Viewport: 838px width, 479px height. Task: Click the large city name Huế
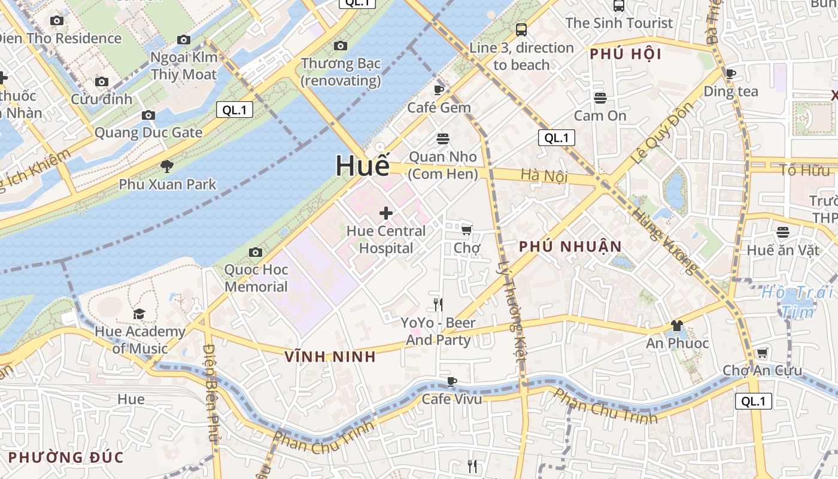pos(362,166)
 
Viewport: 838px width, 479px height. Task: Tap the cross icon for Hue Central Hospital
pos(386,213)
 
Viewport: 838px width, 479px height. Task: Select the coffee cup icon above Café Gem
pos(439,90)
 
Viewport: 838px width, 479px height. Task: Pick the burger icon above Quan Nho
pos(443,139)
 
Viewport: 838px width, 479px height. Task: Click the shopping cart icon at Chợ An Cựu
pos(762,353)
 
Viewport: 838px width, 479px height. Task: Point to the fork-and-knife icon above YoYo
pos(438,305)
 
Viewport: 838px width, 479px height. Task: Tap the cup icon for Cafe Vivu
pos(452,381)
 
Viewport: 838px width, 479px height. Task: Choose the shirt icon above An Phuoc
pos(677,326)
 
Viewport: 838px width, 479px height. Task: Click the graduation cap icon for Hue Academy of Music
pos(139,314)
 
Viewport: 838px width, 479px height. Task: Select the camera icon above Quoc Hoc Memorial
pos(256,252)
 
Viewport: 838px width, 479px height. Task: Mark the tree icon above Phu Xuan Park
pos(167,166)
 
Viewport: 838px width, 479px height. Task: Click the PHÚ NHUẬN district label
pos(570,246)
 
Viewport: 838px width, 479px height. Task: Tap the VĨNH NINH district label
pos(330,357)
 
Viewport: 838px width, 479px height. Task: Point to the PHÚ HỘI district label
pos(626,54)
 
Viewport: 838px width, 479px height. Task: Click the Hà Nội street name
pos(544,175)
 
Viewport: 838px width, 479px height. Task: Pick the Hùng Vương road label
pos(665,239)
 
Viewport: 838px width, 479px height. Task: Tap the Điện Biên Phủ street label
pos(211,392)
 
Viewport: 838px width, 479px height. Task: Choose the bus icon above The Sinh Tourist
pos(619,6)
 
